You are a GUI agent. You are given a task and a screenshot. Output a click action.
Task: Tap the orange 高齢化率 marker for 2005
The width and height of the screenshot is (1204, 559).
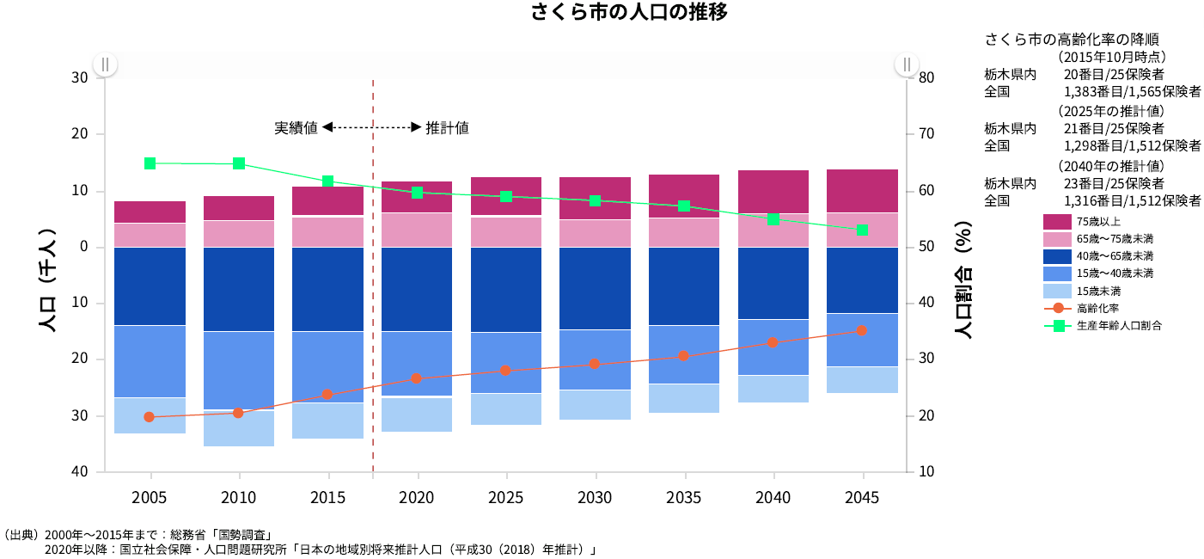149,417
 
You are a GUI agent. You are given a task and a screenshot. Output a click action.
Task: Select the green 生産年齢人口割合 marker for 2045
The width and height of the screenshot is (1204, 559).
862,230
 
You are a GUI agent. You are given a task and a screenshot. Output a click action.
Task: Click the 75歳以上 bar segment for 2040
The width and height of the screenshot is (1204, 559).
773,191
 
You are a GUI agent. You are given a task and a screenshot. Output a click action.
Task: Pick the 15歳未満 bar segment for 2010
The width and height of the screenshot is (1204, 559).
238,428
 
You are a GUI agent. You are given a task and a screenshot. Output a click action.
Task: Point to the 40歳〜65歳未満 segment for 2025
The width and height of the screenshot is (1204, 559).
506,289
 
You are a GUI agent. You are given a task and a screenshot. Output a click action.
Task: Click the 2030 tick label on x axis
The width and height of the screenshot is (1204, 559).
595,498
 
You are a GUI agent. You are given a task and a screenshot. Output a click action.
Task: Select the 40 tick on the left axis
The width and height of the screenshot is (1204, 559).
79,471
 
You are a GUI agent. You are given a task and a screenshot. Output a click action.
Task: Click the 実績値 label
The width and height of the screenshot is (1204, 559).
296,127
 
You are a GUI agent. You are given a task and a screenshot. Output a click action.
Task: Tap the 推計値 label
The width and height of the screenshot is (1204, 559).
447,127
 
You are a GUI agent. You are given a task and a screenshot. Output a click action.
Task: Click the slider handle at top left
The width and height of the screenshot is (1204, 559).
105,64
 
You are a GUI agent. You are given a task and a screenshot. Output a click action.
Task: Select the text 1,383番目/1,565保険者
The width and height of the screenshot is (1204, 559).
1132,91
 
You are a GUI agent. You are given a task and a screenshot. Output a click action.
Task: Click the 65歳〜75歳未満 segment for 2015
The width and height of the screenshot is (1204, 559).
327,231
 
